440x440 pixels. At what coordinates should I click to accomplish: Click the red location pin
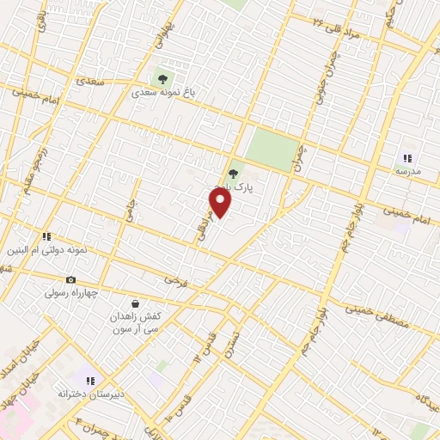(221, 204)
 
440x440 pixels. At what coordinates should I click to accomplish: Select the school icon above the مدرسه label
(407, 158)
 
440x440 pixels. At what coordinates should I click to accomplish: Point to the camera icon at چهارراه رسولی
(70, 280)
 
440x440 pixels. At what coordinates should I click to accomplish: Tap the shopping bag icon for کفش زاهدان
(135, 303)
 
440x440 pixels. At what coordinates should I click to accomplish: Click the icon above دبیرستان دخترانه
(89, 381)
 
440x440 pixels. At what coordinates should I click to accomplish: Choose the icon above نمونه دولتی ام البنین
(47, 236)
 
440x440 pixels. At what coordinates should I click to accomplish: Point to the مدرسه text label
(408, 172)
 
